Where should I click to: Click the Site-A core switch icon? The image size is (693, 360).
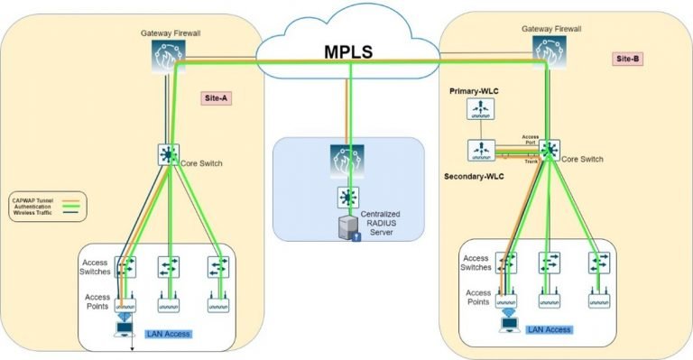167,154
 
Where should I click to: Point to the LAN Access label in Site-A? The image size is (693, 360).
169,334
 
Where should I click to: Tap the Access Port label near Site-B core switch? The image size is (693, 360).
531,140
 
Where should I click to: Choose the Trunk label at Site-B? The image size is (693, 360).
531,160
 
